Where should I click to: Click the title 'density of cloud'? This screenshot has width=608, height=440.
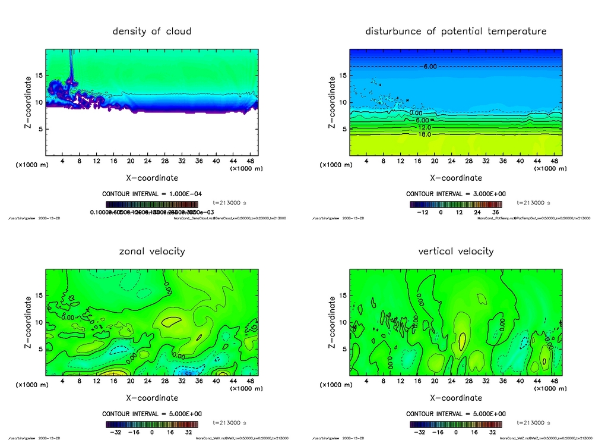click(x=152, y=31)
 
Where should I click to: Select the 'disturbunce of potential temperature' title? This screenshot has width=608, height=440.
click(x=456, y=31)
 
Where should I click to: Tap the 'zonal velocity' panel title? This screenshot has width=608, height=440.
click(x=152, y=251)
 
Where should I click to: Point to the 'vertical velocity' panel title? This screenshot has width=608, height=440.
click(x=456, y=251)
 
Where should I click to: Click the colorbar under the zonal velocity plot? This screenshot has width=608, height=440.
click(x=152, y=425)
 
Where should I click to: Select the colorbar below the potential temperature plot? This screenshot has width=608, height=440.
click(x=456, y=204)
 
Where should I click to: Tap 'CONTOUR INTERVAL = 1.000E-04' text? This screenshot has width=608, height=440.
click(x=152, y=194)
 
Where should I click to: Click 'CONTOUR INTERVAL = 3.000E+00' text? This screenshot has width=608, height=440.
click(x=456, y=194)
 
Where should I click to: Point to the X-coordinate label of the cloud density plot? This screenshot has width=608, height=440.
click(x=152, y=178)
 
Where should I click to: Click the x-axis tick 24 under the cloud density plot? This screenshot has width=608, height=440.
click(x=148, y=161)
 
